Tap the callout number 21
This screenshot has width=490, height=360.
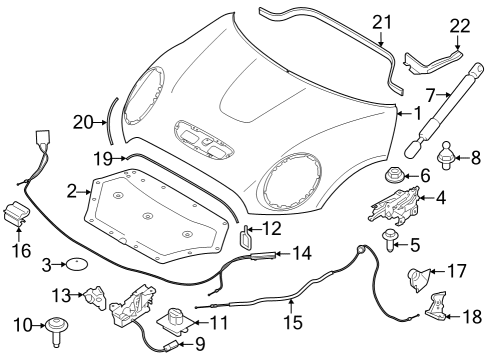(380, 22)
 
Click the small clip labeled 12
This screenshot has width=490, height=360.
(247, 237)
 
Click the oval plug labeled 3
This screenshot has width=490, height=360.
(75, 264)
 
